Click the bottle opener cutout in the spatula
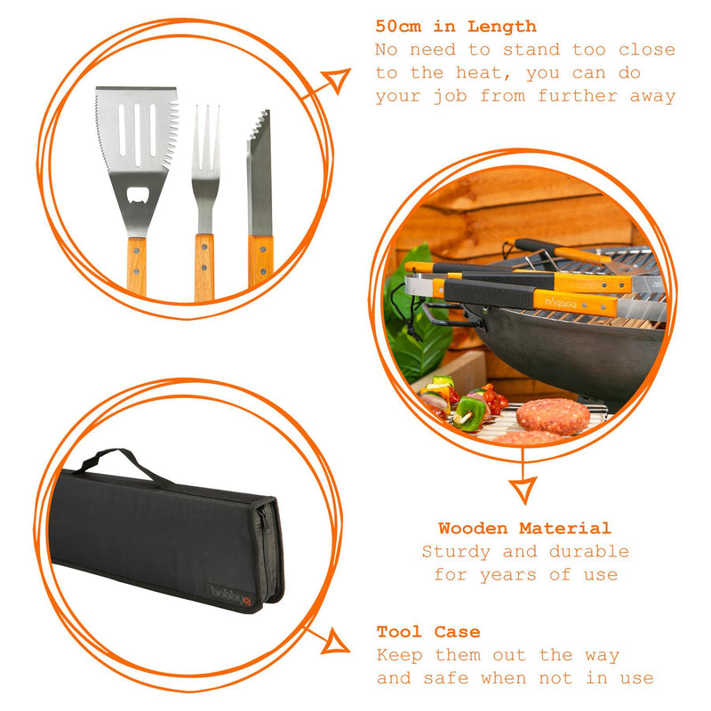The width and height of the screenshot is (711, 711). click(137, 195)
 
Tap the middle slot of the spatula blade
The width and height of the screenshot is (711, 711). click(137, 135)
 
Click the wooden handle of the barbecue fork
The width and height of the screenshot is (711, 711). click(204, 268)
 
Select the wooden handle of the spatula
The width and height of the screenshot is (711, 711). click(137, 266)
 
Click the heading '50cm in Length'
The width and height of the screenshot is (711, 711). click(456, 27)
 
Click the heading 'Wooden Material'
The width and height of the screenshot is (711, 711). click(524, 528)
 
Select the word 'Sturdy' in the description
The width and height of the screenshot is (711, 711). click(456, 552)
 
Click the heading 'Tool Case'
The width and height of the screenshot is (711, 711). click(428, 632)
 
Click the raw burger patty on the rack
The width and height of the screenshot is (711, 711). click(553, 416)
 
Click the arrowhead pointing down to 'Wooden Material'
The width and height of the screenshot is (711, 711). click(523, 490)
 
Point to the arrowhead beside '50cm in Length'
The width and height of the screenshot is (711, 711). click(338, 80)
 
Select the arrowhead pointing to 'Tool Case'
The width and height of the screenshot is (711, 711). click(336, 642)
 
